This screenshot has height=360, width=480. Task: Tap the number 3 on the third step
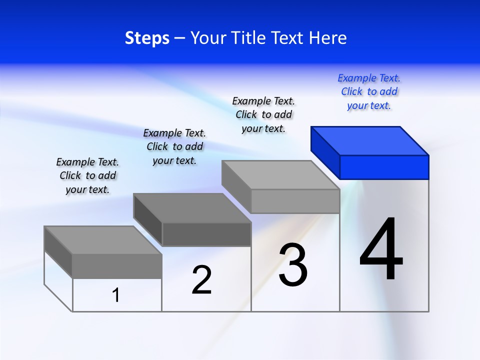click(293, 265)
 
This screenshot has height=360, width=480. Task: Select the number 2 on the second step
click(202, 280)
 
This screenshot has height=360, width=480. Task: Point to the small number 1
click(116, 295)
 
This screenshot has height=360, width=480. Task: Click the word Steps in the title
click(147, 38)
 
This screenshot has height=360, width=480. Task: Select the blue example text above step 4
click(369, 92)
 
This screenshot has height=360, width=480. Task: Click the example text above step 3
click(264, 115)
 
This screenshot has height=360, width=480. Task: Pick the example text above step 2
click(174, 146)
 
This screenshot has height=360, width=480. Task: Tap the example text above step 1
click(87, 175)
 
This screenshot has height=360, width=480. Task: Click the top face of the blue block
click(370, 140)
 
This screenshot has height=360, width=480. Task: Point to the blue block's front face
click(384, 167)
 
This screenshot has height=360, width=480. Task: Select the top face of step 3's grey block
click(280, 174)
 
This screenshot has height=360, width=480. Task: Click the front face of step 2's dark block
click(206, 234)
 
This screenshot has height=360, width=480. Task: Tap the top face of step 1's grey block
click(103, 240)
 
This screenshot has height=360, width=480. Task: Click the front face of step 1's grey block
click(117, 266)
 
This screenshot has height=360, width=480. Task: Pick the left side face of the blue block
click(325, 152)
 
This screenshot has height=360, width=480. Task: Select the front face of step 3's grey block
click(295, 201)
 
